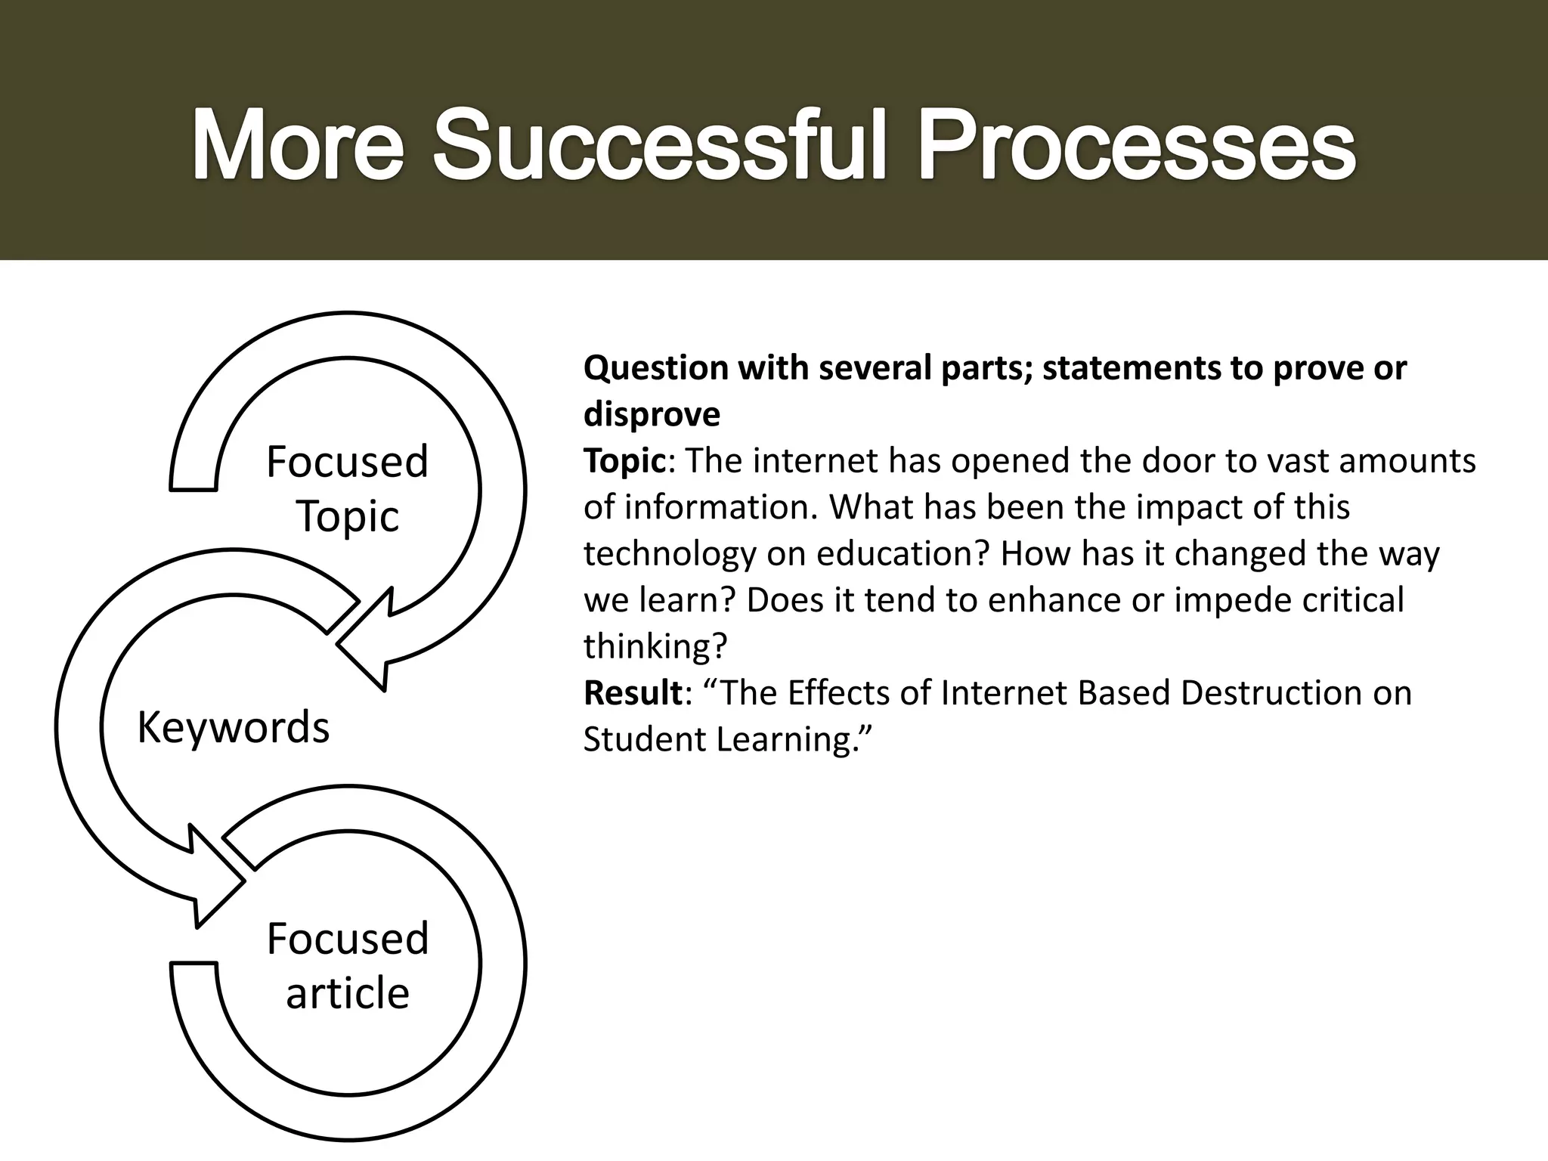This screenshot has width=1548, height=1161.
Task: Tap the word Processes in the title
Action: click(x=1136, y=145)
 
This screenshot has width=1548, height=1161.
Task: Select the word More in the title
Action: click(x=298, y=145)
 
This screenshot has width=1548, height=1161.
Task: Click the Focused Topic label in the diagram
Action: click(x=348, y=488)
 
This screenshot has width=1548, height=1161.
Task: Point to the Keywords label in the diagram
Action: click(x=234, y=727)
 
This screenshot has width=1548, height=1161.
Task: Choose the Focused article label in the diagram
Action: click(x=348, y=965)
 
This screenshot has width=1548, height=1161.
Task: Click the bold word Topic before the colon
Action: click(x=624, y=460)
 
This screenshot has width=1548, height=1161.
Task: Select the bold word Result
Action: click(x=633, y=692)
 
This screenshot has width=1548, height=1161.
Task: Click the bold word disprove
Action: click(x=652, y=414)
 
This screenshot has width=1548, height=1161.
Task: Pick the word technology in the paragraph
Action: click(x=669, y=554)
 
